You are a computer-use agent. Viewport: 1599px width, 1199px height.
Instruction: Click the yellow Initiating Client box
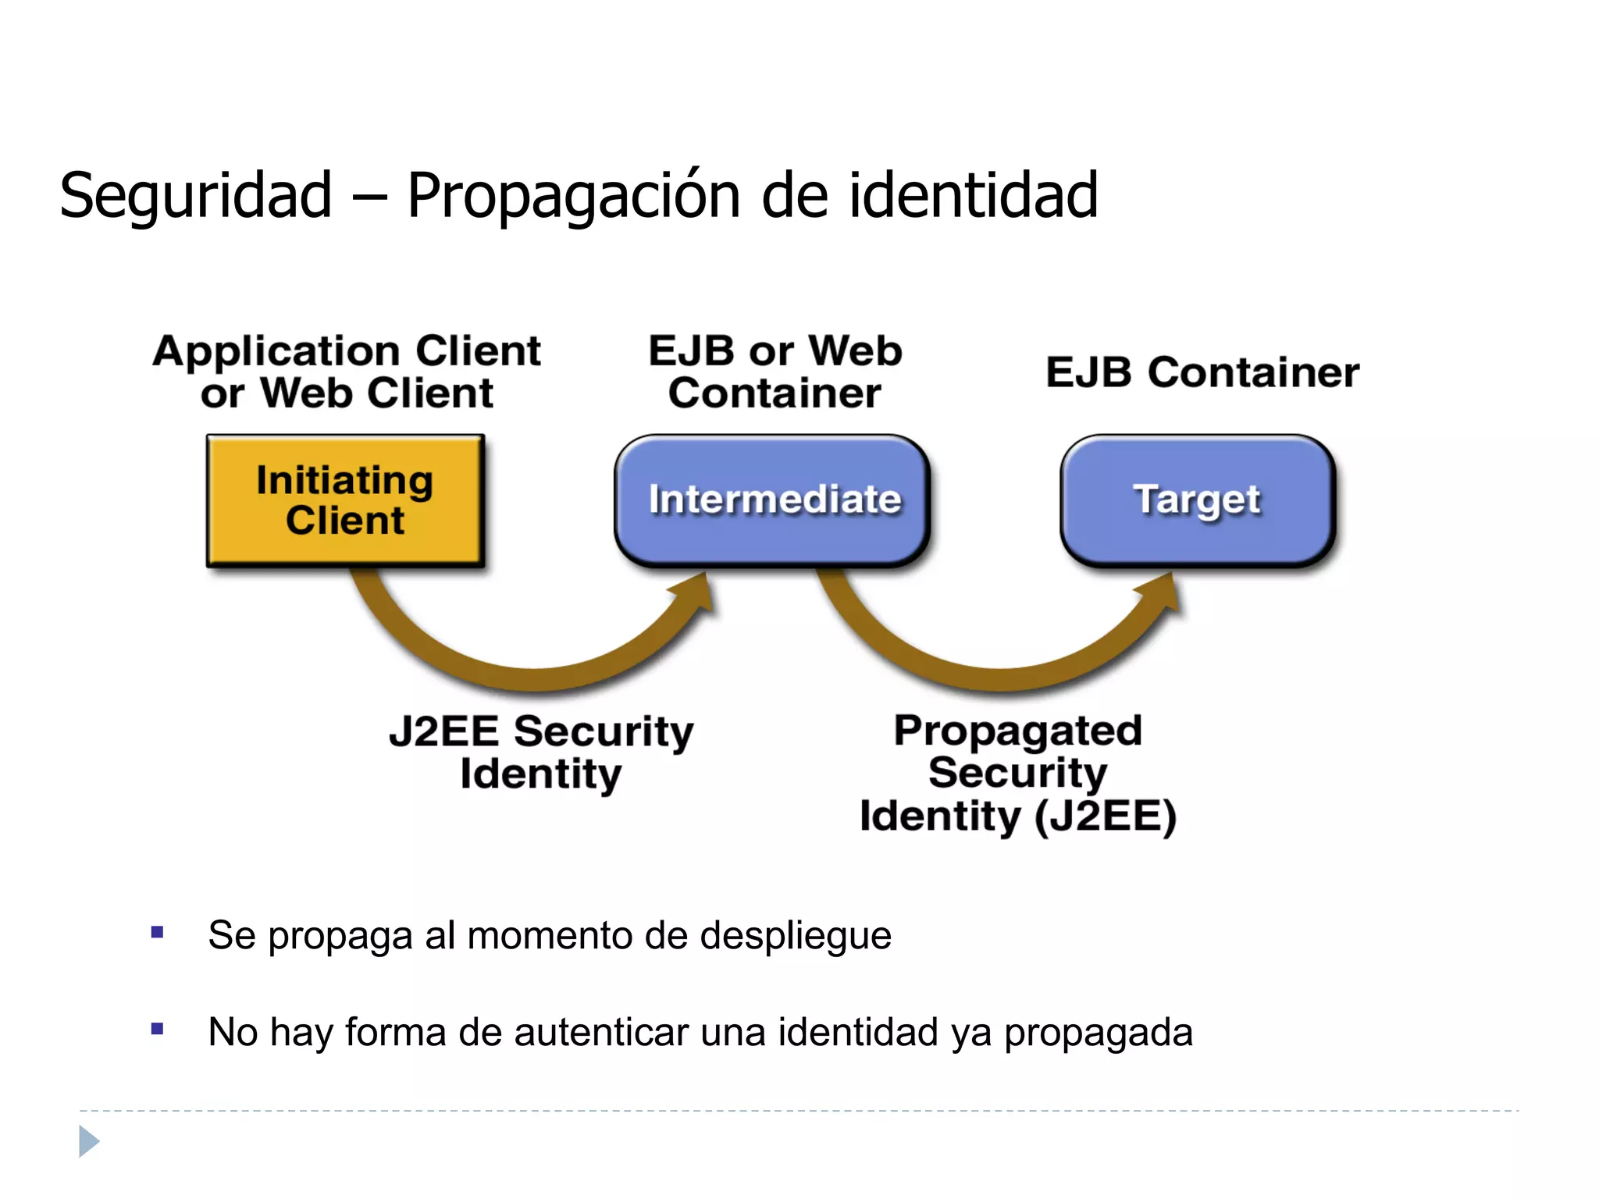point(345,500)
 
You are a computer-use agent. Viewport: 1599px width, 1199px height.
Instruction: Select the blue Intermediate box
point(772,500)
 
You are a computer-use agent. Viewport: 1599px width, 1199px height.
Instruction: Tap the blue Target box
point(1197,500)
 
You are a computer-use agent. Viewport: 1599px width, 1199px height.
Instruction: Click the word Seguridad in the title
point(196,195)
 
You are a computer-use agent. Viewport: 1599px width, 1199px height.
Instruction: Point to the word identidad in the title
point(973,195)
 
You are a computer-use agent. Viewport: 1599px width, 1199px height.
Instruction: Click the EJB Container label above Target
point(1202,372)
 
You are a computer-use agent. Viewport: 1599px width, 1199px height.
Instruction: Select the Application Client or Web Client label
point(347,372)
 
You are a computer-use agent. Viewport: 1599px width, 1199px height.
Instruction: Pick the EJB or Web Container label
point(775,372)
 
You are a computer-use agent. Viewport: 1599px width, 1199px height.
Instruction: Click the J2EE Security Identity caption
point(541,752)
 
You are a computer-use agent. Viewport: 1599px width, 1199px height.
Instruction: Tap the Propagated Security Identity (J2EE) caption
point(1018,773)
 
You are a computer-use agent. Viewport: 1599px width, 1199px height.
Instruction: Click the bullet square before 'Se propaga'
point(158,932)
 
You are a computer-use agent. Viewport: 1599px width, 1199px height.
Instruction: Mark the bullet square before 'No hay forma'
point(158,1029)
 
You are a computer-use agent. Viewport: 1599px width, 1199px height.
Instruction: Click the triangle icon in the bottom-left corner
point(89,1141)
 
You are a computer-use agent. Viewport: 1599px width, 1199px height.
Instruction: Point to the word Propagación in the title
point(573,195)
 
